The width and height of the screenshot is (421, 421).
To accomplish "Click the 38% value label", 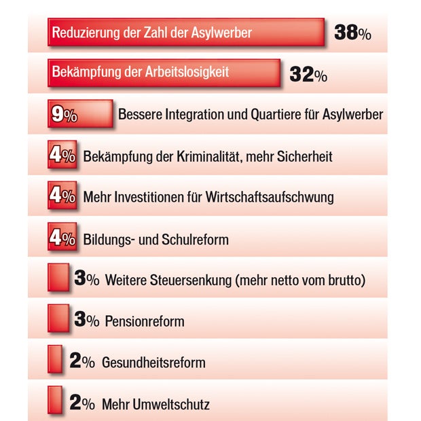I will click(352, 32).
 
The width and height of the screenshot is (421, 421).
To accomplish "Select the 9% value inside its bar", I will click(65, 115).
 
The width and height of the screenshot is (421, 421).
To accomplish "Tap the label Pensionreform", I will click(144, 321).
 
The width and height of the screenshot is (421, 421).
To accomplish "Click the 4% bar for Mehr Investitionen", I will click(62, 197).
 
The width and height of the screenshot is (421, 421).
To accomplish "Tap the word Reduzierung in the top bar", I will click(83, 33).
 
